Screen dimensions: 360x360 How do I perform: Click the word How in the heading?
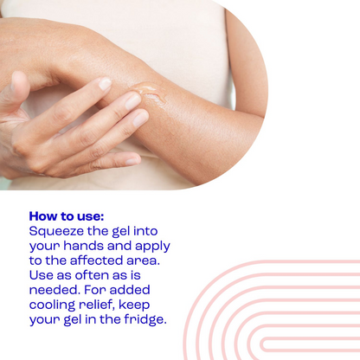point(42,215)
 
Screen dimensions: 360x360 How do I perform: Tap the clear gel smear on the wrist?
point(148,93)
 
